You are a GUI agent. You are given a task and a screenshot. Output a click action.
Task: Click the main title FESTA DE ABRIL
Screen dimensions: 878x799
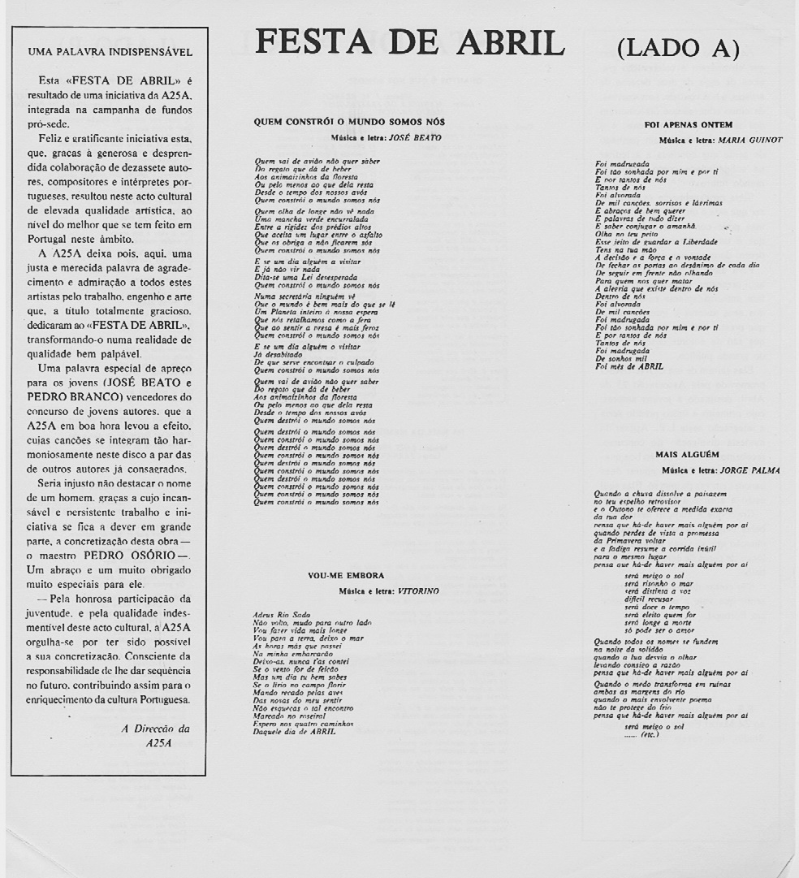click(410, 43)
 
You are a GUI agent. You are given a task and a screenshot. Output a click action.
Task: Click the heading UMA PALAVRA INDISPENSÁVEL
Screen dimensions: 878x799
click(110, 52)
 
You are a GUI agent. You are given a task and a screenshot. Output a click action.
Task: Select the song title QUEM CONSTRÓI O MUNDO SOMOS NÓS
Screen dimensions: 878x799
click(349, 122)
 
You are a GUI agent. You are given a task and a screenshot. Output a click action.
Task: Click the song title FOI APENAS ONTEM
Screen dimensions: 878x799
click(688, 124)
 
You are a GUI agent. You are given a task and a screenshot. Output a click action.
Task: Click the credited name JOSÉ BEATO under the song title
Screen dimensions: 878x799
click(415, 137)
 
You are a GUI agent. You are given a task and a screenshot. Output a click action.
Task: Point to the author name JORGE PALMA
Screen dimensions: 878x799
click(751, 469)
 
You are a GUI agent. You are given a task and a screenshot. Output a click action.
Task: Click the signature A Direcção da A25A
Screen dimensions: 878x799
click(155, 735)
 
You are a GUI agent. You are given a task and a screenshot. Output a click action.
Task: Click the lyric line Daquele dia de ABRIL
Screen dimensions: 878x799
click(295, 733)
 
